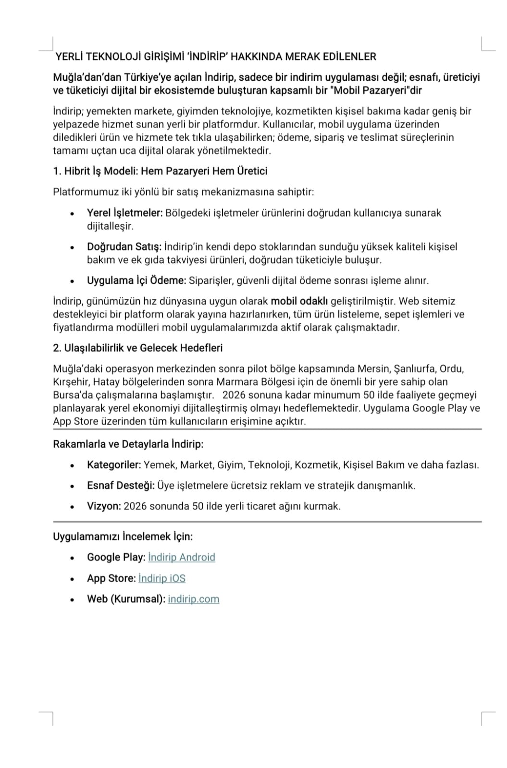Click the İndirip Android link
(182, 557)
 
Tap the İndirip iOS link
(161, 578)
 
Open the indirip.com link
(193, 599)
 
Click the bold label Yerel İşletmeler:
(125, 213)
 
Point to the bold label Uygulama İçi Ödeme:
(136, 280)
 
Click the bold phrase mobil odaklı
(299, 302)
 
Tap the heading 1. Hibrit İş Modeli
(160, 171)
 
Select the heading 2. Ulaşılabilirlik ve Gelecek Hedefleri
(137, 348)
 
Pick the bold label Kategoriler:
(114, 465)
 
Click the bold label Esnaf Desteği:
(121, 486)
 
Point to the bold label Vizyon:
(104, 506)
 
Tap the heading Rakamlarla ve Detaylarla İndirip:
(128, 444)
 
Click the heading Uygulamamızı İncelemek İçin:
(123, 536)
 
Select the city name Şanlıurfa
(414, 369)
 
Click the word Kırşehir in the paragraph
(70, 382)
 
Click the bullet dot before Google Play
(72, 558)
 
